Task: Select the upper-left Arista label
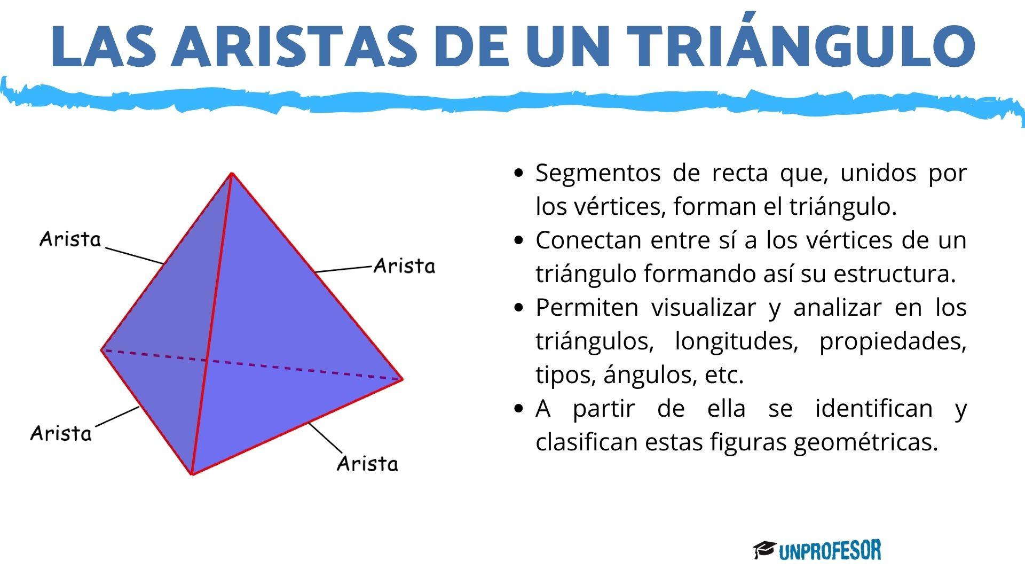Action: [70, 239]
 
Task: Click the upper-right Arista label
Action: [404, 266]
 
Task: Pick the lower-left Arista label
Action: [61, 433]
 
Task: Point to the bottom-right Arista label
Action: [368, 463]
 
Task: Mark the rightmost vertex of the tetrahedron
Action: [401, 379]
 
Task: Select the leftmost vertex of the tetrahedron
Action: [101, 350]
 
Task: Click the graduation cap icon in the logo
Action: [764, 550]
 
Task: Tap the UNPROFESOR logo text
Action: [830, 550]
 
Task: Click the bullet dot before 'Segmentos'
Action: [518, 173]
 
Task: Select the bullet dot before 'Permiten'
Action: [518, 308]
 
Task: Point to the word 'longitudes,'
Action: [736, 341]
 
